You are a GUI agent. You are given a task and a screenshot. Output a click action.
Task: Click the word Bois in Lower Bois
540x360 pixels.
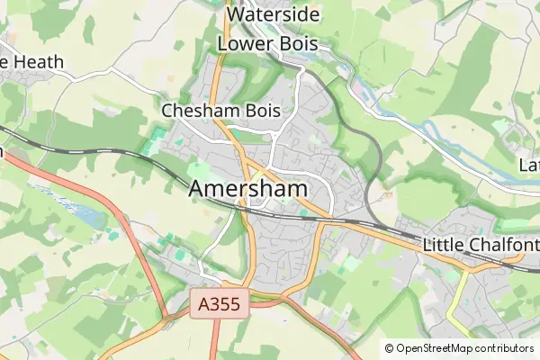coord(301,43)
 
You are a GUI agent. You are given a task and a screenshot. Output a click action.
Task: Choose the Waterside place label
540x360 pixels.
coord(273,15)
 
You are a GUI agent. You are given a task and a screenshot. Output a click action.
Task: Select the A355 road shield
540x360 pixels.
coord(220,305)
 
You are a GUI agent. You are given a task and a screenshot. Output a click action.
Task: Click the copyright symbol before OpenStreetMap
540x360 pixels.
coord(390,348)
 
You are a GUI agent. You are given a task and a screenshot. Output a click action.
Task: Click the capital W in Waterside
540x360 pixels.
coord(237,15)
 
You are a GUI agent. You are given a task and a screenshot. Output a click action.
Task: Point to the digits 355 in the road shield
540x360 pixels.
coord(225,305)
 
